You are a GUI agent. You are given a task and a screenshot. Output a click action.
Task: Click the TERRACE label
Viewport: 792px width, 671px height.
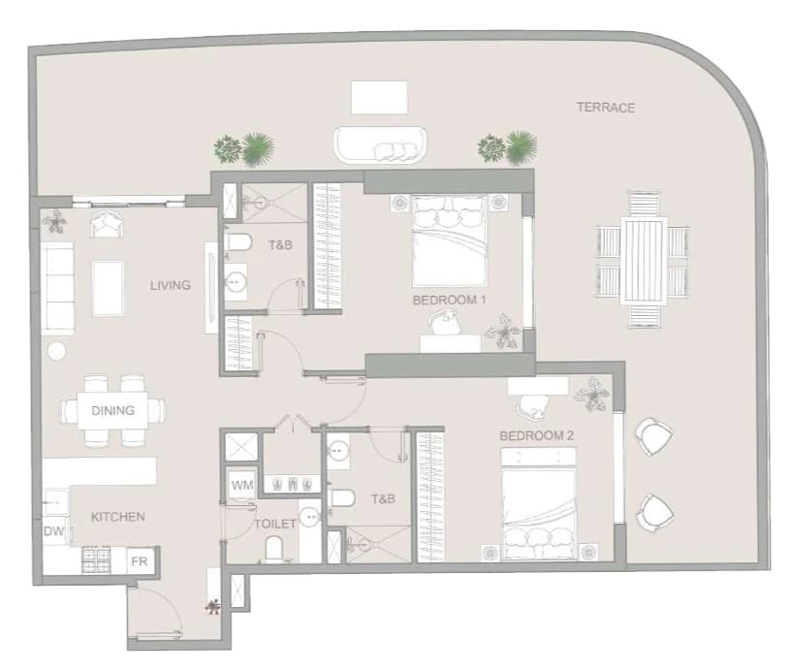click(606, 107)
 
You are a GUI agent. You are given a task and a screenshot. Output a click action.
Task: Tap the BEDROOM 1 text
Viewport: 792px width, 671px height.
click(449, 301)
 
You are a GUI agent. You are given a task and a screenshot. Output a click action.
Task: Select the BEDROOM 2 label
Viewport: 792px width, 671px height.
click(536, 435)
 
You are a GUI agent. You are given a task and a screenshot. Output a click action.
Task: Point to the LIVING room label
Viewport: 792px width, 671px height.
click(171, 285)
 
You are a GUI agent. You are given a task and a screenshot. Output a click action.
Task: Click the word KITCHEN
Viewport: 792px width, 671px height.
click(117, 517)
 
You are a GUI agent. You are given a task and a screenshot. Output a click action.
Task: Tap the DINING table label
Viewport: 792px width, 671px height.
click(112, 410)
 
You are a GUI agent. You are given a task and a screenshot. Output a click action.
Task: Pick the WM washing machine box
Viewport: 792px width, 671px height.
click(242, 485)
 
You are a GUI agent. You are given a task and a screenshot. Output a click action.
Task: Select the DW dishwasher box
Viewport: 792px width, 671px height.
click(54, 531)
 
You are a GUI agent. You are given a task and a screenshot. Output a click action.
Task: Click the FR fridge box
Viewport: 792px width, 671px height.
click(140, 561)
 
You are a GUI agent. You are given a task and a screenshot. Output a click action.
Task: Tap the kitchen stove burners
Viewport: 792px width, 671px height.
click(97, 559)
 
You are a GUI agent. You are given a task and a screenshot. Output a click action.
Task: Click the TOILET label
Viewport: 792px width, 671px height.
click(274, 524)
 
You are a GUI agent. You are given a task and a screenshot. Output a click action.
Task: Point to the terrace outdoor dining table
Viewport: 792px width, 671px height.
click(644, 260)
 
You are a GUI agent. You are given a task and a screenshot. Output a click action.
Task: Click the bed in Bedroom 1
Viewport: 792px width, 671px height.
click(450, 240)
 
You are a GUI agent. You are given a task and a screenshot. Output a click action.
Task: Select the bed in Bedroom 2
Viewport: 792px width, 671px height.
click(539, 504)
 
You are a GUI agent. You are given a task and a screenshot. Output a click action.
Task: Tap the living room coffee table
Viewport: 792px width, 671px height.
click(109, 288)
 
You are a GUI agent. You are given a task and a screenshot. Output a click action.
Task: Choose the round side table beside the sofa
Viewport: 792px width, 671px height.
click(56, 351)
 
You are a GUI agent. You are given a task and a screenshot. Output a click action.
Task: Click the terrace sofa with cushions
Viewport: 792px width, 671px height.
click(380, 145)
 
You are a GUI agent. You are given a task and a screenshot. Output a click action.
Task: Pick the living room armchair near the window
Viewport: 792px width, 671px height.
click(106, 223)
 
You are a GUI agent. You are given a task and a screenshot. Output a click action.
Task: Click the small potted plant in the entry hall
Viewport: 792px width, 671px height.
click(213, 606)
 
